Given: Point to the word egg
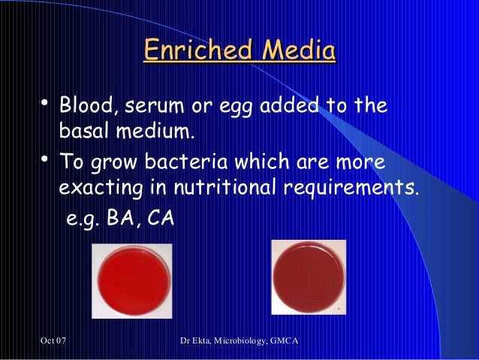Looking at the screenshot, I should point(239,105).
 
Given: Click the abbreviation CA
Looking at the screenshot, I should point(156,222).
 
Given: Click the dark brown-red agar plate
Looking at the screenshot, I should point(307,277).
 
